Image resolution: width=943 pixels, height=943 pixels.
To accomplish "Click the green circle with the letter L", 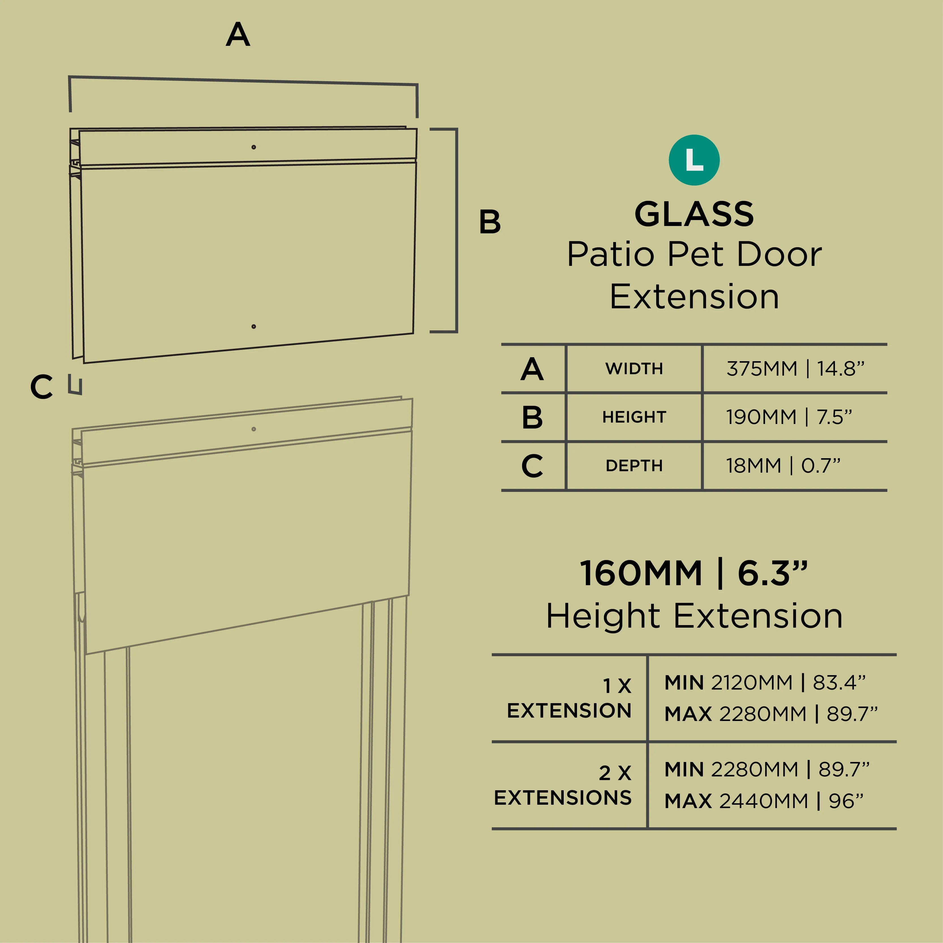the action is pos(694,160).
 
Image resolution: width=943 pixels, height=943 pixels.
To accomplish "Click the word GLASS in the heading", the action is pos(694,214).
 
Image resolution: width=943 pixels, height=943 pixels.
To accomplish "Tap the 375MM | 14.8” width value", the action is pos(796,369).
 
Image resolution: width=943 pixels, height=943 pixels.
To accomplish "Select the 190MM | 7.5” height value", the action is pos(789,417).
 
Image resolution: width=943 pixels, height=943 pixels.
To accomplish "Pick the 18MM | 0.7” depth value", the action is pos(783,466).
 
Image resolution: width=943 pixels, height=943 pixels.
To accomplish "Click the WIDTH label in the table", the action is pos(634,369).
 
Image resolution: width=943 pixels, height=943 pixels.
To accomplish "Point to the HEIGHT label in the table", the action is pos(634,417).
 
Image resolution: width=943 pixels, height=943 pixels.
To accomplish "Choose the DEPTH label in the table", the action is pos(634,466).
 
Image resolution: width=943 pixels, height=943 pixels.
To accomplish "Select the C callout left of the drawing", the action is pos(42,387).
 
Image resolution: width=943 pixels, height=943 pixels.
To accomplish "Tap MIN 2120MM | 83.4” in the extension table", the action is pos(765,682).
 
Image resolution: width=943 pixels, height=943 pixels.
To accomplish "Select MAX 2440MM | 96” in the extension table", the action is pos(764,800).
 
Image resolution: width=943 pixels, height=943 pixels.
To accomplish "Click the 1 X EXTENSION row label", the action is pos(569,698).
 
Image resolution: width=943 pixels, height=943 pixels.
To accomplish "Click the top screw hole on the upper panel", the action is pos(253,147).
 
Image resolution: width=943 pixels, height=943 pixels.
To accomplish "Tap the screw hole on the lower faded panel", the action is pos(253,429).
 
